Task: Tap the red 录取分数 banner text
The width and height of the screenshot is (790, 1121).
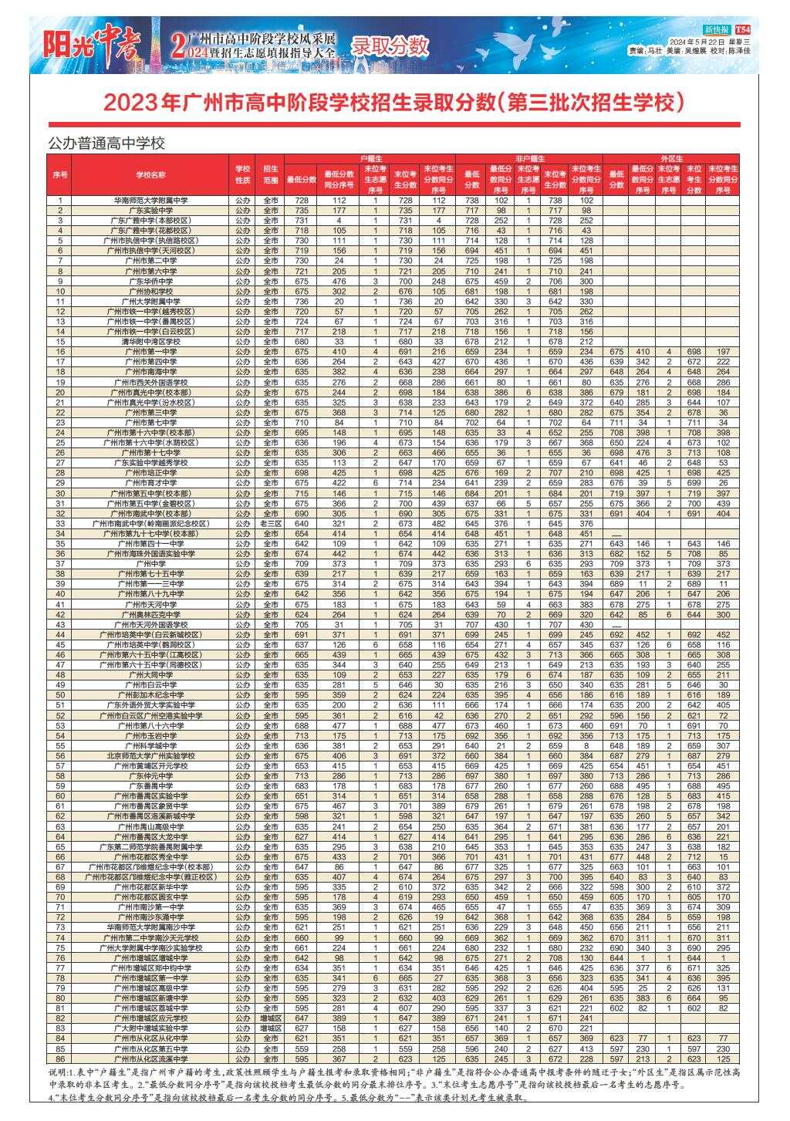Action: click(x=390, y=46)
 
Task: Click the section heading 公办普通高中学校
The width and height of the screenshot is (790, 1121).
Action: click(x=106, y=143)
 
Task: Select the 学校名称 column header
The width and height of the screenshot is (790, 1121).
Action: click(x=151, y=174)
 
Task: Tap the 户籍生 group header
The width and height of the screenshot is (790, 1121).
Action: click(x=370, y=158)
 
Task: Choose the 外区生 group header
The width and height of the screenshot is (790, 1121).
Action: click(x=672, y=158)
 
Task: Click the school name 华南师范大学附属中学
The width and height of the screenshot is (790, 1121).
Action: click(x=151, y=201)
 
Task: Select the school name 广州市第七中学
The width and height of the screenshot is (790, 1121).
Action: click(x=151, y=423)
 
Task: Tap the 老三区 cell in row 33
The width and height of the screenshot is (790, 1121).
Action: click(x=270, y=523)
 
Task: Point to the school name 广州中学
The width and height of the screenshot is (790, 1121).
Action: click(x=151, y=563)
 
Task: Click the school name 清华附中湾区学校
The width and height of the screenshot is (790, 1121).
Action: click(x=151, y=341)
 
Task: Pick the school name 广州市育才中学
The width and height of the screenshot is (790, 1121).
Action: click(x=151, y=483)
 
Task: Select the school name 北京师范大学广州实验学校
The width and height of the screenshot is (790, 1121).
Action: click(x=151, y=755)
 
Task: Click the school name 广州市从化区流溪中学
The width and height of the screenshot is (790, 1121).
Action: click(x=151, y=1059)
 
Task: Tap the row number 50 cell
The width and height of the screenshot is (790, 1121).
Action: click(x=60, y=694)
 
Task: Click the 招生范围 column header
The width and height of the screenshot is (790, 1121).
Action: click(x=270, y=174)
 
